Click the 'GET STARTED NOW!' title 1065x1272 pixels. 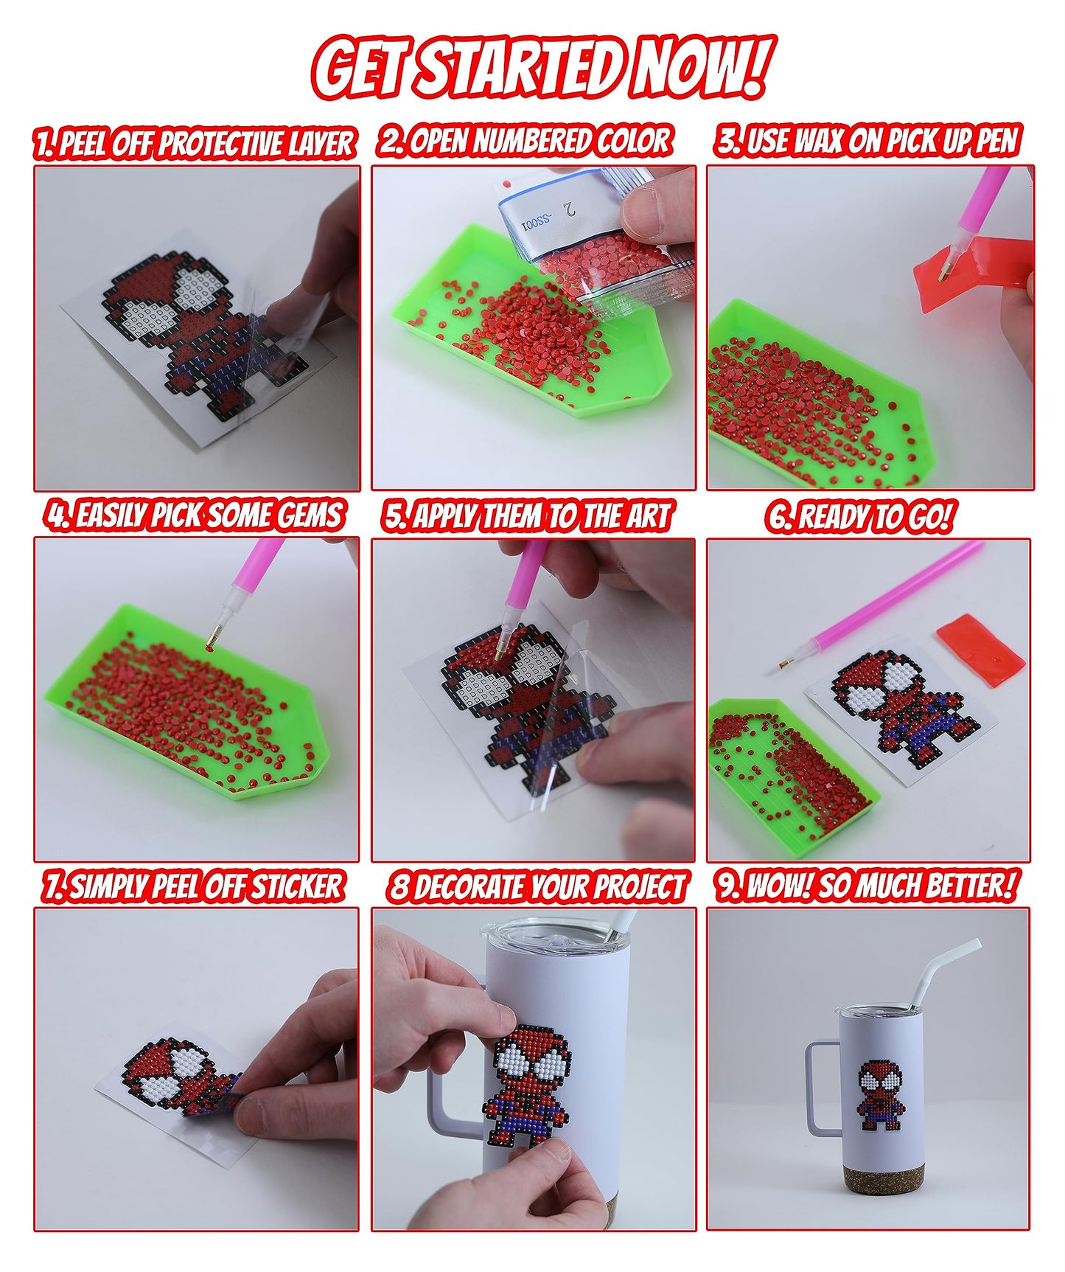coord(542,68)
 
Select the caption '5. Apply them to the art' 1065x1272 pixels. coord(528,516)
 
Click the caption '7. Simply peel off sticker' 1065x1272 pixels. coord(193,886)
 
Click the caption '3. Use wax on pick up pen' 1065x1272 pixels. coord(868,142)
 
